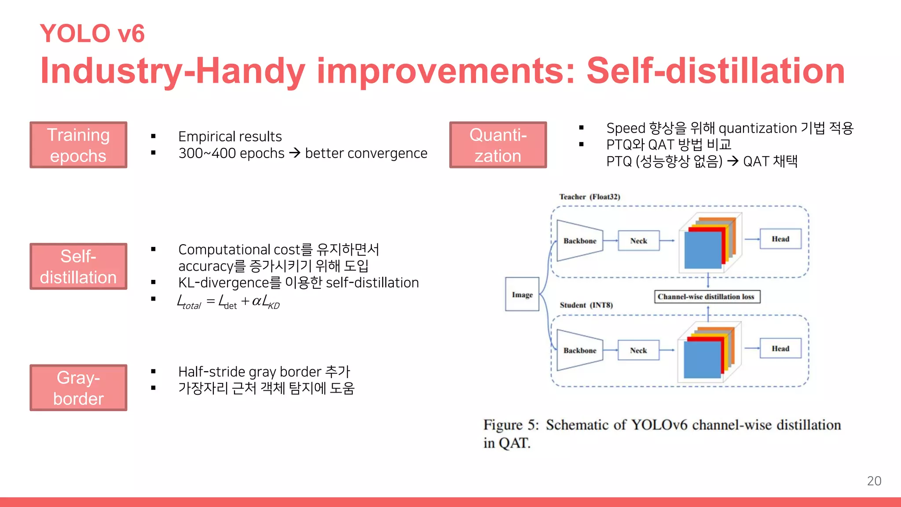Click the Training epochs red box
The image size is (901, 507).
(78, 145)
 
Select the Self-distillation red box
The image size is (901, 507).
(78, 266)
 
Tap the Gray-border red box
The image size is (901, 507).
(78, 388)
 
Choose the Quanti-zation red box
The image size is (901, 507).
(498, 145)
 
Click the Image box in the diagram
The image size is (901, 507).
(522, 294)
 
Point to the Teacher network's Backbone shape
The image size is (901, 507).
(579, 241)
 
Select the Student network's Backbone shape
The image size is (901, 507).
(579, 350)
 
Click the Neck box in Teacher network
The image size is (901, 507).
(638, 241)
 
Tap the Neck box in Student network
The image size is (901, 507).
(638, 350)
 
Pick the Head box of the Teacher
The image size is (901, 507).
(780, 239)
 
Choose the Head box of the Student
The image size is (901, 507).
(780, 349)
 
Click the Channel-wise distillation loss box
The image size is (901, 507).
(707, 297)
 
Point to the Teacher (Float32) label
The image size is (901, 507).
(590, 197)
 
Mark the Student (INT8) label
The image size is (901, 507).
(586, 305)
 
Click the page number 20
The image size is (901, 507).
(874, 481)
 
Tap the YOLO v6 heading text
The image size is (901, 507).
(92, 33)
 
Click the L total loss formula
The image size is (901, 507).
(228, 302)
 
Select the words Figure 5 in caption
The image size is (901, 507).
(510, 425)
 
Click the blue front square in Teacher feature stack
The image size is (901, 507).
(703, 250)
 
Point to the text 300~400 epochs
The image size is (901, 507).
(231, 153)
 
